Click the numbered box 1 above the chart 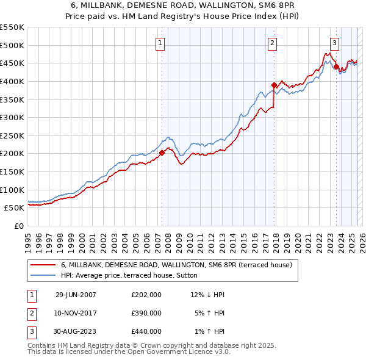[160, 43]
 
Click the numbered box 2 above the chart [271, 43]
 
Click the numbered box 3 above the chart [334, 43]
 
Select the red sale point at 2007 [162, 153]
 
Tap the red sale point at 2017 [274, 85]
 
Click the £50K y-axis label [15, 207]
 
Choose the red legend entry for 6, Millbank [177, 265]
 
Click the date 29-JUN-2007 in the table [76, 295]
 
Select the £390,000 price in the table [146, 313]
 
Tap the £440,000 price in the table [146, 331]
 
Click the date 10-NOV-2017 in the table [76, 313]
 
